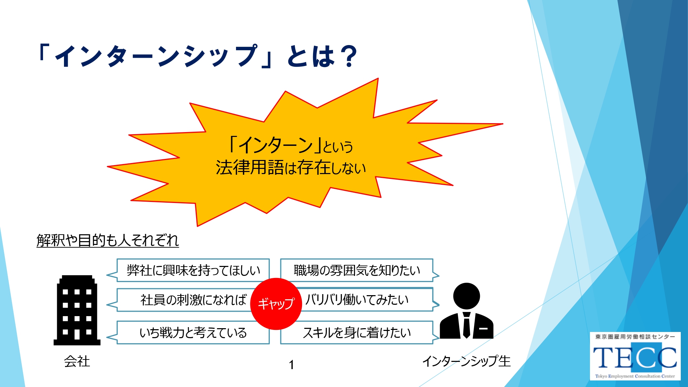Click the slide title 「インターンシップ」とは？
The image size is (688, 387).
pos(198,56)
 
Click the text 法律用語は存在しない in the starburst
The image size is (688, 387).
pos(291,168)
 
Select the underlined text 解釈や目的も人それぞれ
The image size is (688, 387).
pos(108,240)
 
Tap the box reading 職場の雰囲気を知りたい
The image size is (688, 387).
pos(360,270)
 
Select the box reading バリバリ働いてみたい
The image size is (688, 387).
pos(365,300)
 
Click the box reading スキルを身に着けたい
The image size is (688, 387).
pos(360,333)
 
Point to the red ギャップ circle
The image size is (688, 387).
pos(276,304)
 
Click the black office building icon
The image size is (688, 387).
pos(77,310)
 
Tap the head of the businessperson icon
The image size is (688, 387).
pos(466,296)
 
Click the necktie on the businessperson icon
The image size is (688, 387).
pos(466,325)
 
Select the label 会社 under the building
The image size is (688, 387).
pos(77,361)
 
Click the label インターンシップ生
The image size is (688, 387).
pos(466,361)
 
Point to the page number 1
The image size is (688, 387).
pos(291,365)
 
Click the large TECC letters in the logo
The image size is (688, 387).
pos(635,357)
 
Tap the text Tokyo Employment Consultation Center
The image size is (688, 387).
pos(635,376)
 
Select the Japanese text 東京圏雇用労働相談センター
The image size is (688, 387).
pos(635,337)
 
